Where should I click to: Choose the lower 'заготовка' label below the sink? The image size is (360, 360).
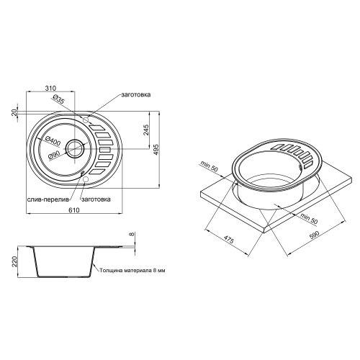click(96, 198)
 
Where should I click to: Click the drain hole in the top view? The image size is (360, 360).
click(75, 149)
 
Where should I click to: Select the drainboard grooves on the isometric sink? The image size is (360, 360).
click(291, 150)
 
